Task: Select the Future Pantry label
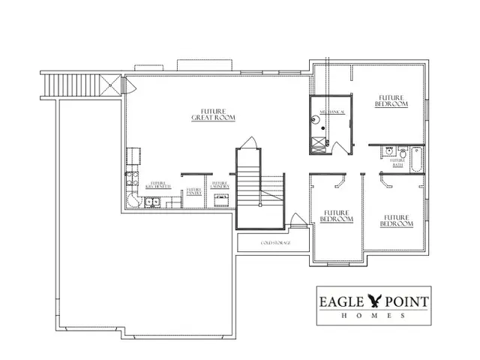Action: coord(193,192)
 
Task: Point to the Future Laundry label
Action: coord(220,185)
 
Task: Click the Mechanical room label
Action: coord(331,112)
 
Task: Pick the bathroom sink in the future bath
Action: coord(390,151)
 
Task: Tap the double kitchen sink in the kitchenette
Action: coord(153,201)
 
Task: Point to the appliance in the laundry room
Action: coord(221,199)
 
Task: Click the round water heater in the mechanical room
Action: coord(321,139)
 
